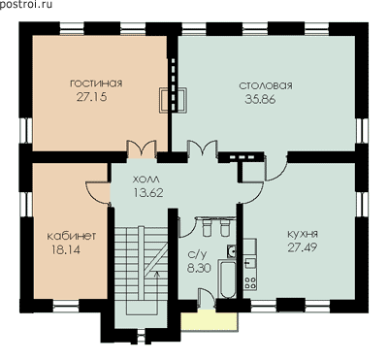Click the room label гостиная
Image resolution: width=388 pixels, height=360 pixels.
click(x=96, y=83)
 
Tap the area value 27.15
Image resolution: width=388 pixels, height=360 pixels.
click(x=92, y=97)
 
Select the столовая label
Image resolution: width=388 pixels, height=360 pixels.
click(x=266, y=85)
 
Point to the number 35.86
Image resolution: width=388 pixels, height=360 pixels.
click(x=260, y=99)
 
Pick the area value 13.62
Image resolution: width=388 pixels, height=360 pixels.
click(x=148, y=193)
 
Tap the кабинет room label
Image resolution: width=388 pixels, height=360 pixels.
click(x=72, y=236)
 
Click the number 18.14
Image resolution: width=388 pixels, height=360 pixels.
click(x=66, y=249)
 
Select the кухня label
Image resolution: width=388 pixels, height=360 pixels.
click(x=303, y=234)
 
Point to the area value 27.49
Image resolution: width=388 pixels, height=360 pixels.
click(x=302, y=247)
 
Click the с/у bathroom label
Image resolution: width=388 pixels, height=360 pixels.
click(x=197, y=254)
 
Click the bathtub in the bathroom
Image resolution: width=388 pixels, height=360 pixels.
click(x=228, y=278)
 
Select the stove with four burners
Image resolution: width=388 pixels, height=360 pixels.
click(x=250, y=282)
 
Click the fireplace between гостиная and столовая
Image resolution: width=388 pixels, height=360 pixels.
click(x=174, y=100)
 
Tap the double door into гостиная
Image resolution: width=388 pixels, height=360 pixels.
click(x=142, y=149)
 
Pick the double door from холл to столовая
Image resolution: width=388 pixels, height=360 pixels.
click(x=202, y=149)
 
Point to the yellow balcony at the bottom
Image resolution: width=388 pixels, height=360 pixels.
click(x=210, y=321)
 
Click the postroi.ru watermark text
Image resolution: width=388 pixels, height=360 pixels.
click(x=26, y=5)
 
